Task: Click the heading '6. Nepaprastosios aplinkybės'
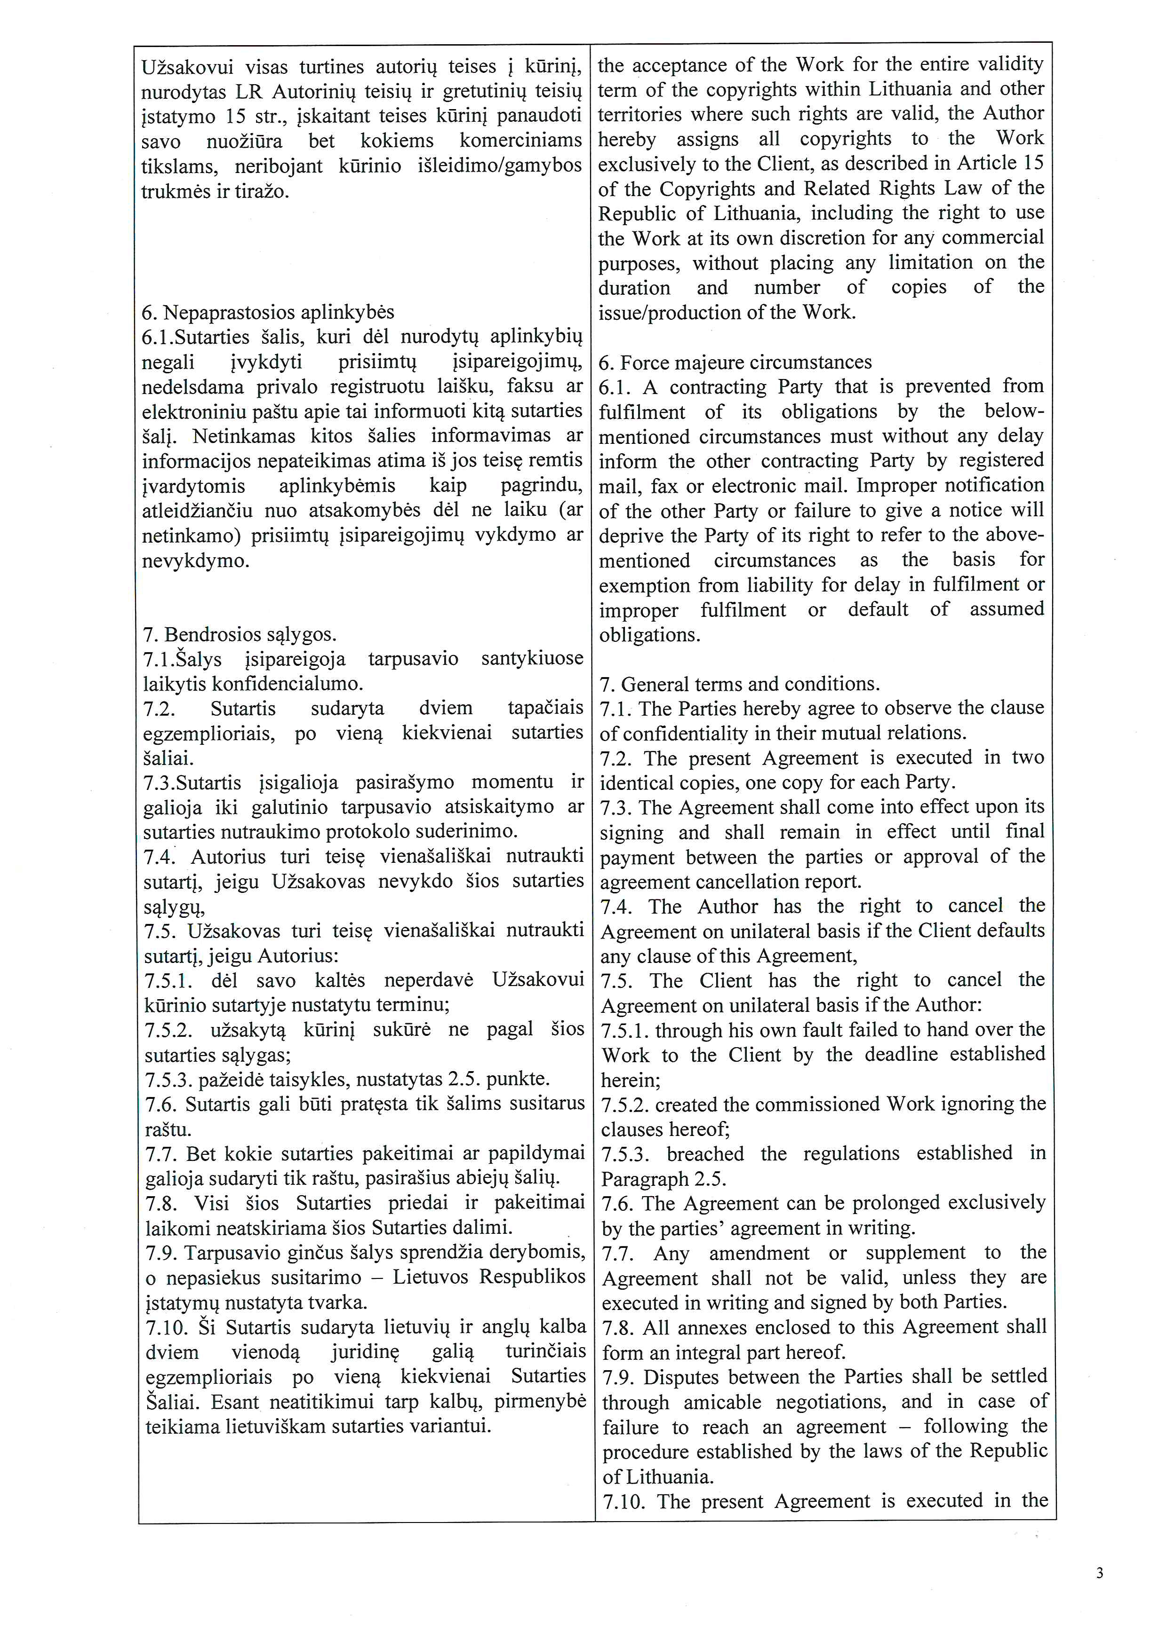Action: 268,312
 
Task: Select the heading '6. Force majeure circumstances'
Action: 735,362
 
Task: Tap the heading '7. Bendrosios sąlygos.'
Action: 240,634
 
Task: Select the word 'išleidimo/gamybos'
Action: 499,166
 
